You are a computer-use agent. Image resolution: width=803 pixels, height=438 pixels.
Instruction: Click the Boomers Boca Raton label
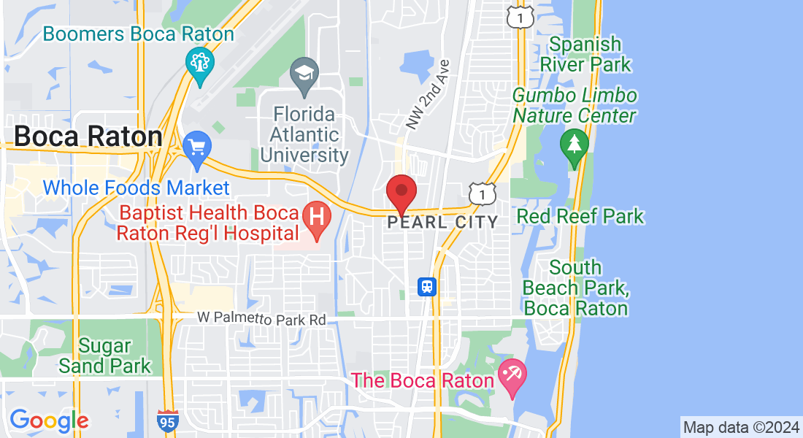point(139,34)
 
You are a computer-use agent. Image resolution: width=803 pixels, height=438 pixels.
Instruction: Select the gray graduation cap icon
point(304,74)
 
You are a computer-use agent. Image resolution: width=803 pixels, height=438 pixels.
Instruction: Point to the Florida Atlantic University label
point(304,135)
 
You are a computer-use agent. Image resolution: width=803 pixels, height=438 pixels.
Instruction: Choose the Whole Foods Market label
point(137,188)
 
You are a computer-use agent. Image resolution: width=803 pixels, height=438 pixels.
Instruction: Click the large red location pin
point(401,193)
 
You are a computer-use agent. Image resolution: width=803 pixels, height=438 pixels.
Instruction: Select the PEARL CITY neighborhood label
point(442,222)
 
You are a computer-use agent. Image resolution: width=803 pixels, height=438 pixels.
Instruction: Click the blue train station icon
point(427,287)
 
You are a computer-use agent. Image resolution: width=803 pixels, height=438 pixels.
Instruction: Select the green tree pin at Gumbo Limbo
point(574,144)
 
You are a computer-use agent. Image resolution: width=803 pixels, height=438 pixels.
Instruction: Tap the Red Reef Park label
point(580,216)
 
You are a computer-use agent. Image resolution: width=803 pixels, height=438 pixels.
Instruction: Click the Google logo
point(49,420)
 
